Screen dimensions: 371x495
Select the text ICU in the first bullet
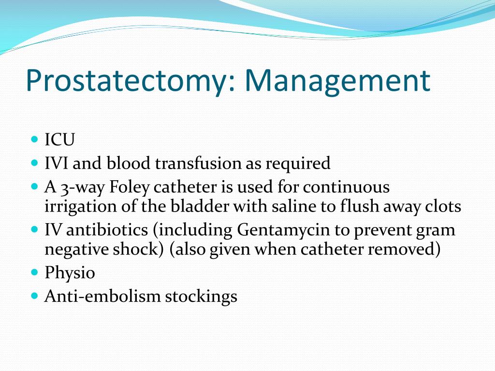click(60, 141)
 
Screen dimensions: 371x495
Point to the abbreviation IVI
click(56, 164)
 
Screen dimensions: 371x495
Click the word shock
click(144, 250)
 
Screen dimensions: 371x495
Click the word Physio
click(70, 273)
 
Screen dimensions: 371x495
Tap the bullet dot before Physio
click(34, 272)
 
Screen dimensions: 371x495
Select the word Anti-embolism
click(102, 296)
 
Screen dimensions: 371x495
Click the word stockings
click(201, 297)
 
